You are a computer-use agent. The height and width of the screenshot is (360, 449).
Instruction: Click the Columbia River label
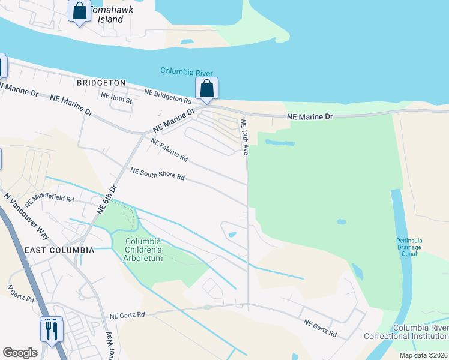click(187, 71)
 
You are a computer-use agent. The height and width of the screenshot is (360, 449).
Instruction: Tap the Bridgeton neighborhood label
click(101, 83)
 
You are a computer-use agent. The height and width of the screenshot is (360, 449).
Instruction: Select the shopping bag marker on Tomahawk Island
click(79, 11)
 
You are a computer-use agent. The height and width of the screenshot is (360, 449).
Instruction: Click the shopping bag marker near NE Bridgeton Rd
click(206, 89)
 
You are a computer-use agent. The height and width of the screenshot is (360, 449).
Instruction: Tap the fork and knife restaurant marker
click(51, 329)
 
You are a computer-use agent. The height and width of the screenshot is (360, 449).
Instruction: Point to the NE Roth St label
click(116, 98)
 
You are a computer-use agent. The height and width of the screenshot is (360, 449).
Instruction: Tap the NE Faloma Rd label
click(169, 151)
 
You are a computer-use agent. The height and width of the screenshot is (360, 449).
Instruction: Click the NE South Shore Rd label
click(157, 175)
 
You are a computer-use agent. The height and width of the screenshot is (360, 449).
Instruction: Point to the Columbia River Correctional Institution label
click(420, 332)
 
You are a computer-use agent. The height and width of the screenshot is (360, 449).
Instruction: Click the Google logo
click(20, 353)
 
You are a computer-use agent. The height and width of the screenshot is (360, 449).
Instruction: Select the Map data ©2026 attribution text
click(423, 355)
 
